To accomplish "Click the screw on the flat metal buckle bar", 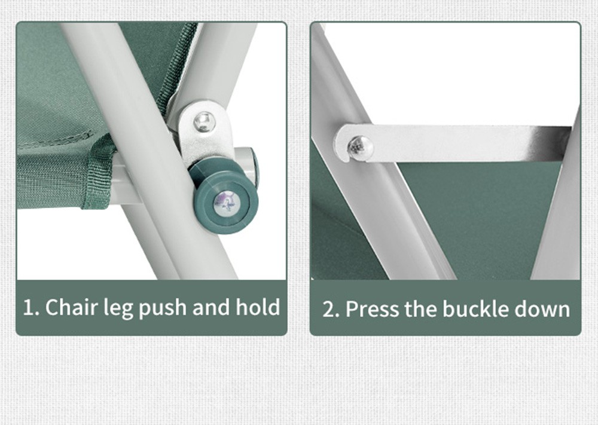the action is click(359, 148).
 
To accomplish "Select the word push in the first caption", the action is click(163, 308).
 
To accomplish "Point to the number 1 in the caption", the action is click(28, 308).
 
